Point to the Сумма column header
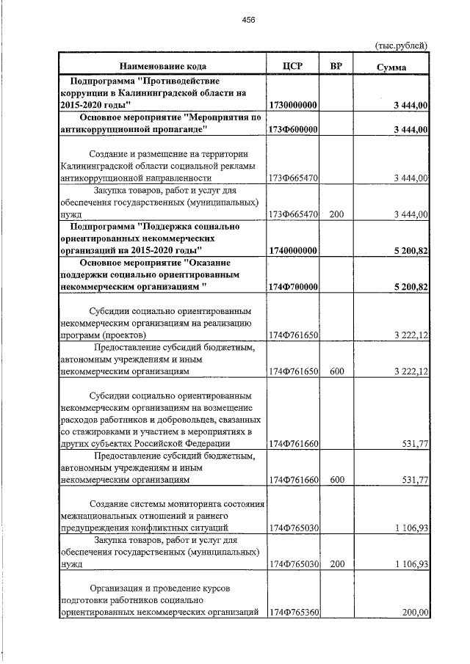392,67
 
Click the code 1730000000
293,106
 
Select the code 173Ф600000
293,130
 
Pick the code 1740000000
293,251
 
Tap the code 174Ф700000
293,287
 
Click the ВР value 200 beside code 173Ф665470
336,214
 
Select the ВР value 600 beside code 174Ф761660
336,480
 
